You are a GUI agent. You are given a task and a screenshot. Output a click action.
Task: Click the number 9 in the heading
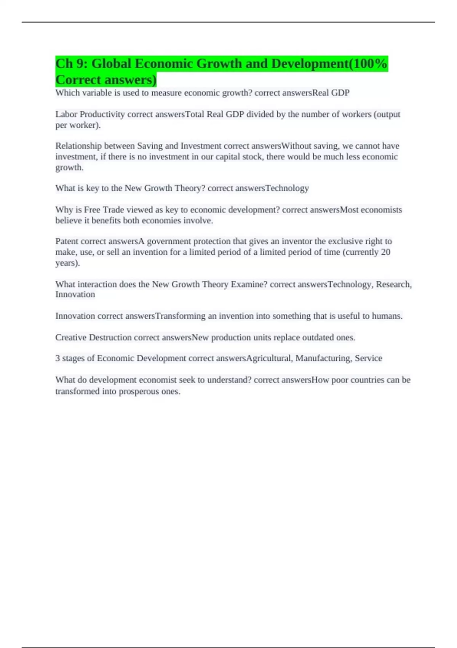(x=80, y=64)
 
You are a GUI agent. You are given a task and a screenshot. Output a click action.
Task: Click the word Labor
(x=66, y=114)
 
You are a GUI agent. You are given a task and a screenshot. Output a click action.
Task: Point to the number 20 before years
(x=385, y=252)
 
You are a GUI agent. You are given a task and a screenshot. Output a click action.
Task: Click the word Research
(x=393, y=284)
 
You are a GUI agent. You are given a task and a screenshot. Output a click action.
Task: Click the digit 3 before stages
(x=58, y=358)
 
